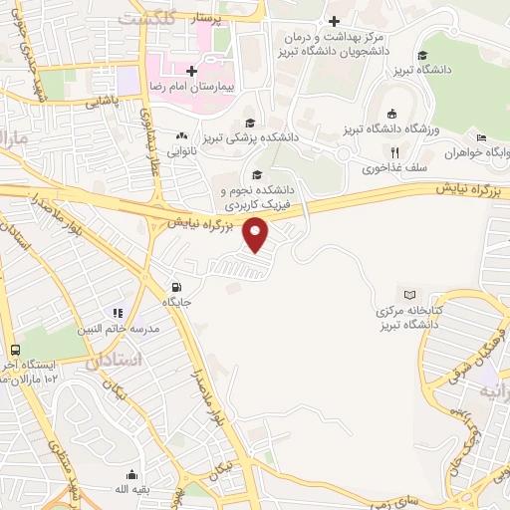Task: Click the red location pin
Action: pos(257,235)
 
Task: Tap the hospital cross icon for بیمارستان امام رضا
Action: pos(191,71)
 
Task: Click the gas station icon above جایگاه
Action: pos(176,286)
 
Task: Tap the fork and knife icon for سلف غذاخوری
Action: pos(394,152)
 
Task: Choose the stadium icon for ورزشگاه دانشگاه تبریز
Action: pos(391,113)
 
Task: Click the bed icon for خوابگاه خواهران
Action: pos(481,137)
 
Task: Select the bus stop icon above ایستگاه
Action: pos(16,351)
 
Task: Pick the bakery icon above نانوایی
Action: pos(181,136)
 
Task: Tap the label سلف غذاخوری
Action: pos(383,168)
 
